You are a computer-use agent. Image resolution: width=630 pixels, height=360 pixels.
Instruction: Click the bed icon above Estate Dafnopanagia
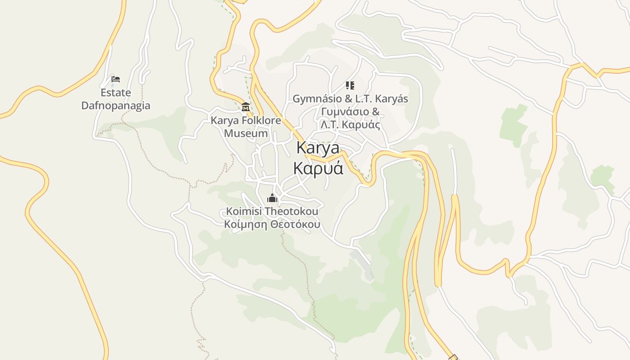[x=116, y=79]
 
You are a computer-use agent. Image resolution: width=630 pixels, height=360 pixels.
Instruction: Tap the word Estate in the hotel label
[x=116, y=93]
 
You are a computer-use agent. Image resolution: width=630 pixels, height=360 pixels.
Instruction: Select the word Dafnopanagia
[x=116, y=106]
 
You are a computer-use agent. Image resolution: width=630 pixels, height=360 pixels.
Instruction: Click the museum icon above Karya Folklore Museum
[x=246, y=107]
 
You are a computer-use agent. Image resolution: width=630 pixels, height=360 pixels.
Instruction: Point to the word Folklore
[x=260, y=121]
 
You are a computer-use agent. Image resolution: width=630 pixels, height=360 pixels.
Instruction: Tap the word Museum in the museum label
[x=246, y=134]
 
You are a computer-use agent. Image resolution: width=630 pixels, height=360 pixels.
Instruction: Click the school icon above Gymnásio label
[x=350, y=85]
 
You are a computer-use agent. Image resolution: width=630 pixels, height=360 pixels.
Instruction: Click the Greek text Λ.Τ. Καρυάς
[x=350, y=125]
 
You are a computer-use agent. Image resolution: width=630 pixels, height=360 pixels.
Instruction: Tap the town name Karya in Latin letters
[x=318, y=148]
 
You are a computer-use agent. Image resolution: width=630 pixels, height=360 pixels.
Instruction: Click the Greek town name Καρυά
[x=318, y=168]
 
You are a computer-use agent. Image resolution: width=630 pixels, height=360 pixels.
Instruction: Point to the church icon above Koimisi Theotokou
[x=272, y=198]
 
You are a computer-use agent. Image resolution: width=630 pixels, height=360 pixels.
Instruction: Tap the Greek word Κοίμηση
[x=245, y=225]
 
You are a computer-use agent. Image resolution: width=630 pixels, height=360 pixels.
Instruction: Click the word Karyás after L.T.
[x=391, y=99]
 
